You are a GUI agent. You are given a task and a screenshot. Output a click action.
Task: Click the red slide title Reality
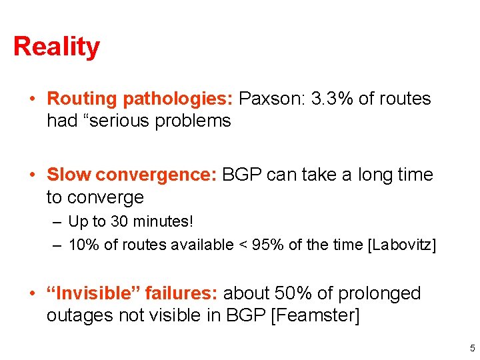[x=57, y=47]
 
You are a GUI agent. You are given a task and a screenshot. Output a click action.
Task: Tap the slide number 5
[x=472, y=347]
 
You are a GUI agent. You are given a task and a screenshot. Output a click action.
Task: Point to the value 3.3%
[x=332, y=99]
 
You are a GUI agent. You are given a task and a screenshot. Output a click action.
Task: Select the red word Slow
[x=69, y=175]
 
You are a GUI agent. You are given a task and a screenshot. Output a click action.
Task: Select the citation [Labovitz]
[x=402, y=245]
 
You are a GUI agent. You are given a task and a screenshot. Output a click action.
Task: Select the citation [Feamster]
[x=315, y=315]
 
